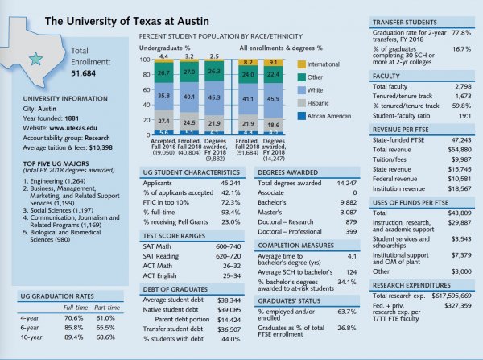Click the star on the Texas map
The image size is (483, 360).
pos(36,59)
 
